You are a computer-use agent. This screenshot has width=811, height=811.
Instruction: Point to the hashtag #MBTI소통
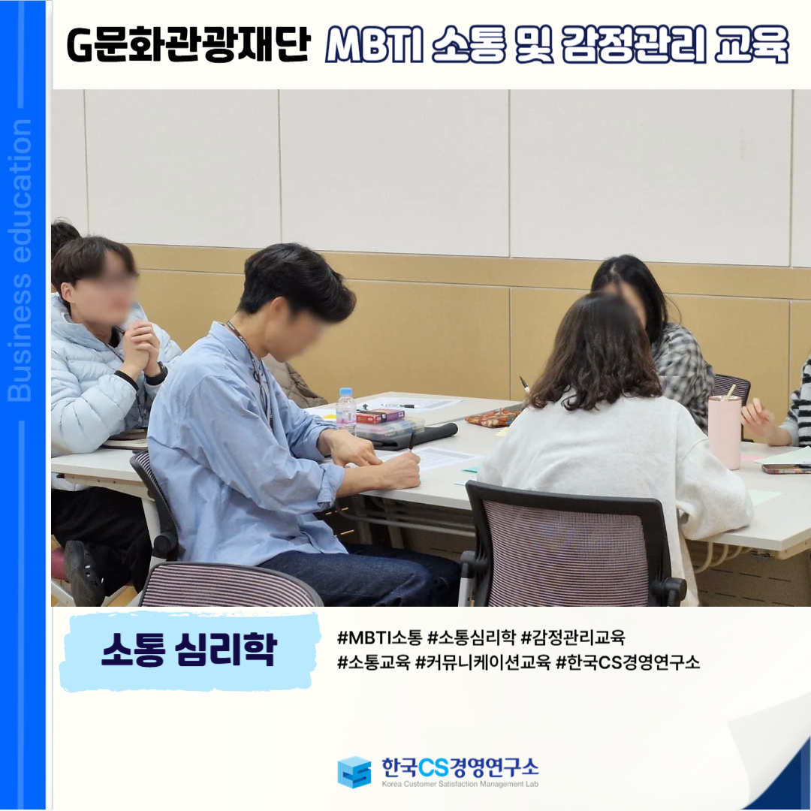click(x=380, y=638)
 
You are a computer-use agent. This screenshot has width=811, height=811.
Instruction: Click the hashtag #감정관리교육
click(x=573, y=638)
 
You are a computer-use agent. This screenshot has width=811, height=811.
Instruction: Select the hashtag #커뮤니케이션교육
click(x=483, y=662)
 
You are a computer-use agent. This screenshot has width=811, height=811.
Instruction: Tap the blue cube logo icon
click(x=354, y=772)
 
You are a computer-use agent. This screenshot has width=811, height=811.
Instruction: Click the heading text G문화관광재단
click(x=188, y=44)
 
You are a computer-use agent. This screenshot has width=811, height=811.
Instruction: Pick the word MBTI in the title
click(x=375, y=44)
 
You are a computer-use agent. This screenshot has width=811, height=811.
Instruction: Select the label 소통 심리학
click(x=189, y=649)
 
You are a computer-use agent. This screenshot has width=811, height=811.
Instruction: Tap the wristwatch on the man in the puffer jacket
click(x=157, y=375)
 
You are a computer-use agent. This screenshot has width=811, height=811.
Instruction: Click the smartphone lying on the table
click(x=786, y=469)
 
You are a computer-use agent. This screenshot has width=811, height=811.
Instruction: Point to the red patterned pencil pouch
click(x=493, y=416)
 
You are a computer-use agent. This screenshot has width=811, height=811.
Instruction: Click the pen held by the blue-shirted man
click(x=412, y=442)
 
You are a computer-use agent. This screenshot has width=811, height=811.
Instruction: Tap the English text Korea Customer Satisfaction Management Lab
click(x=460, y=784)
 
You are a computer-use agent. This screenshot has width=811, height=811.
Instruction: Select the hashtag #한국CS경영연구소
click(x=627, y=662)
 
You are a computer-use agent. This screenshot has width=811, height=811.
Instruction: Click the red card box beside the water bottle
click(x=380, y=415)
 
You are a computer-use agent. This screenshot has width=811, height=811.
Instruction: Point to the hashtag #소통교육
click(x=373, y=662)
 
